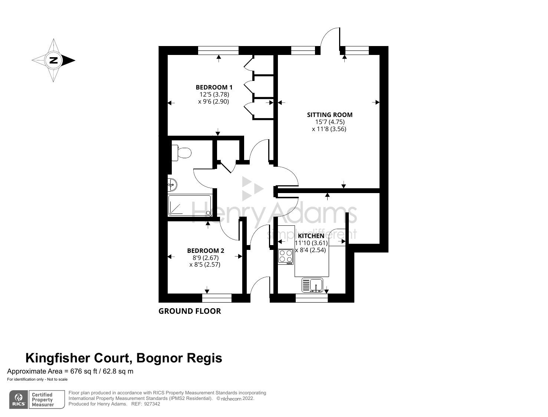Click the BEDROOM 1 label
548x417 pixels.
(214, 87)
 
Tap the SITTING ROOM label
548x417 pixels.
(329, 115)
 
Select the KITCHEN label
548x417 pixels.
(311, 236)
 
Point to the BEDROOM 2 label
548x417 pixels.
(206, 251)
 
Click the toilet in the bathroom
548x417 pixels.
(181, 153)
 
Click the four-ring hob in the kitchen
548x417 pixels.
(286, 256)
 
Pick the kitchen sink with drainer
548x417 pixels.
(312, 285)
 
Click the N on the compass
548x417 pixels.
(54, 60)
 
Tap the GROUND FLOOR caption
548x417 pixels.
(190, 311)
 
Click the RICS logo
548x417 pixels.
(19, 400)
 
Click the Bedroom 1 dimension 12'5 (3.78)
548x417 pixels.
(214, 94)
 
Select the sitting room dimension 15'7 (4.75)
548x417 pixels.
(329, 122)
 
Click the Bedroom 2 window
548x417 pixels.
(217, 298)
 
